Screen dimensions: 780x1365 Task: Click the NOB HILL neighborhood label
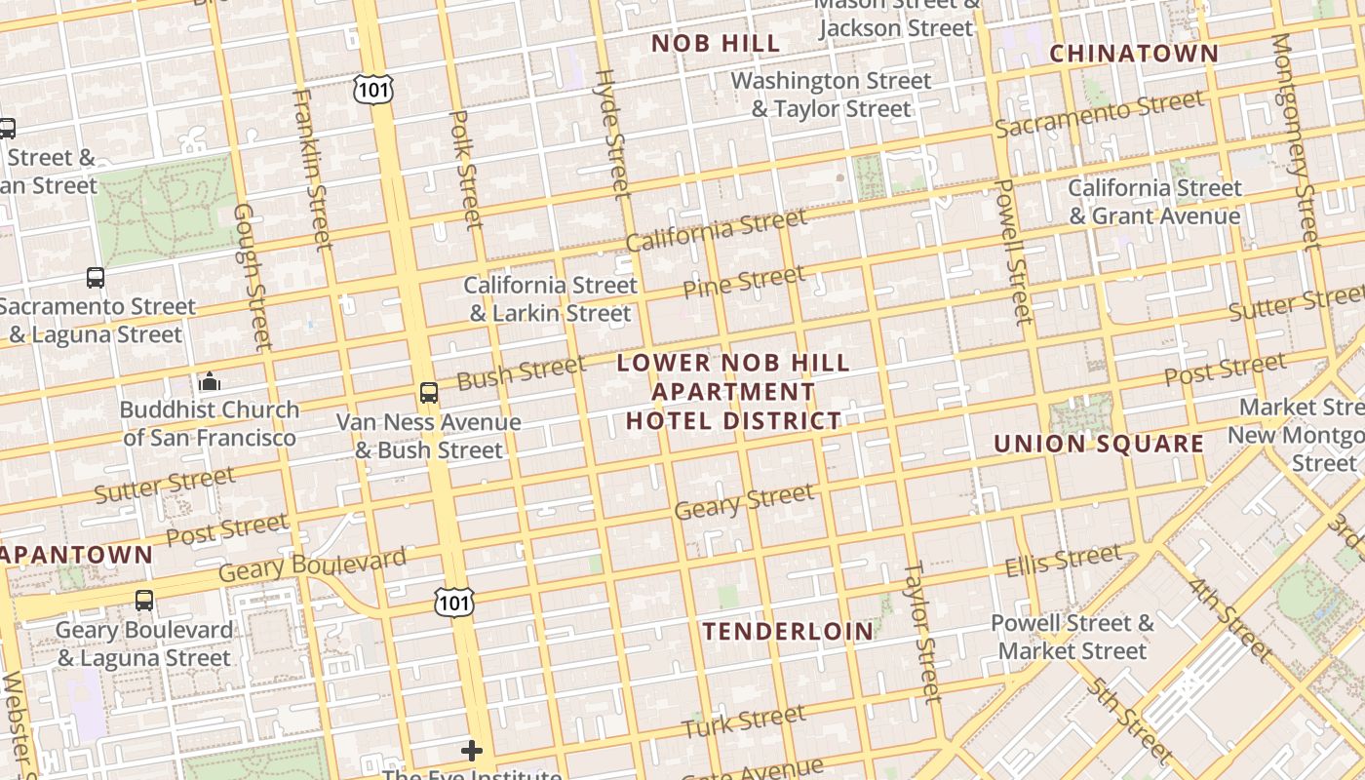[x=716, y=43]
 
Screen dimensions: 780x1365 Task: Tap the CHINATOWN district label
[x=1133, y=54]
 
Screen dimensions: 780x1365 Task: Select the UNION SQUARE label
[x=1099, y=444]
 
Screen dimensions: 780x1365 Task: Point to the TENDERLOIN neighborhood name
[x=788, y=631]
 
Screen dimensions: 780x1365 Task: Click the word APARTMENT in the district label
[x=733, y=392]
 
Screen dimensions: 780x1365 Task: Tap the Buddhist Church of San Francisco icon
[x=209, y=381]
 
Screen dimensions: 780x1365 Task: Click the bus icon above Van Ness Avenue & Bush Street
[x=428, y=393]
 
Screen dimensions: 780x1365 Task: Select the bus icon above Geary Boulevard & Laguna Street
[x=144, y=601]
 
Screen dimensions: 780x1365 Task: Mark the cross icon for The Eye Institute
[x=472, y=750]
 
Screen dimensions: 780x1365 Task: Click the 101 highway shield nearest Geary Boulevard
[x=454, y=602]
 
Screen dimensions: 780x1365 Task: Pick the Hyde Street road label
[x=612, y=134]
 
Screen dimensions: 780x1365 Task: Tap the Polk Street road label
[x=466, y=169]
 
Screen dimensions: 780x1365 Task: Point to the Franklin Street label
[x=312, y=168]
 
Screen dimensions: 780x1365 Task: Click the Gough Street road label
[x=252, y=277]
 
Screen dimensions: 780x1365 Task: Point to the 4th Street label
[x=1230, y=620]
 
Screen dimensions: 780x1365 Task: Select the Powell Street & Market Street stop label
[x=1072, y=637]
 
